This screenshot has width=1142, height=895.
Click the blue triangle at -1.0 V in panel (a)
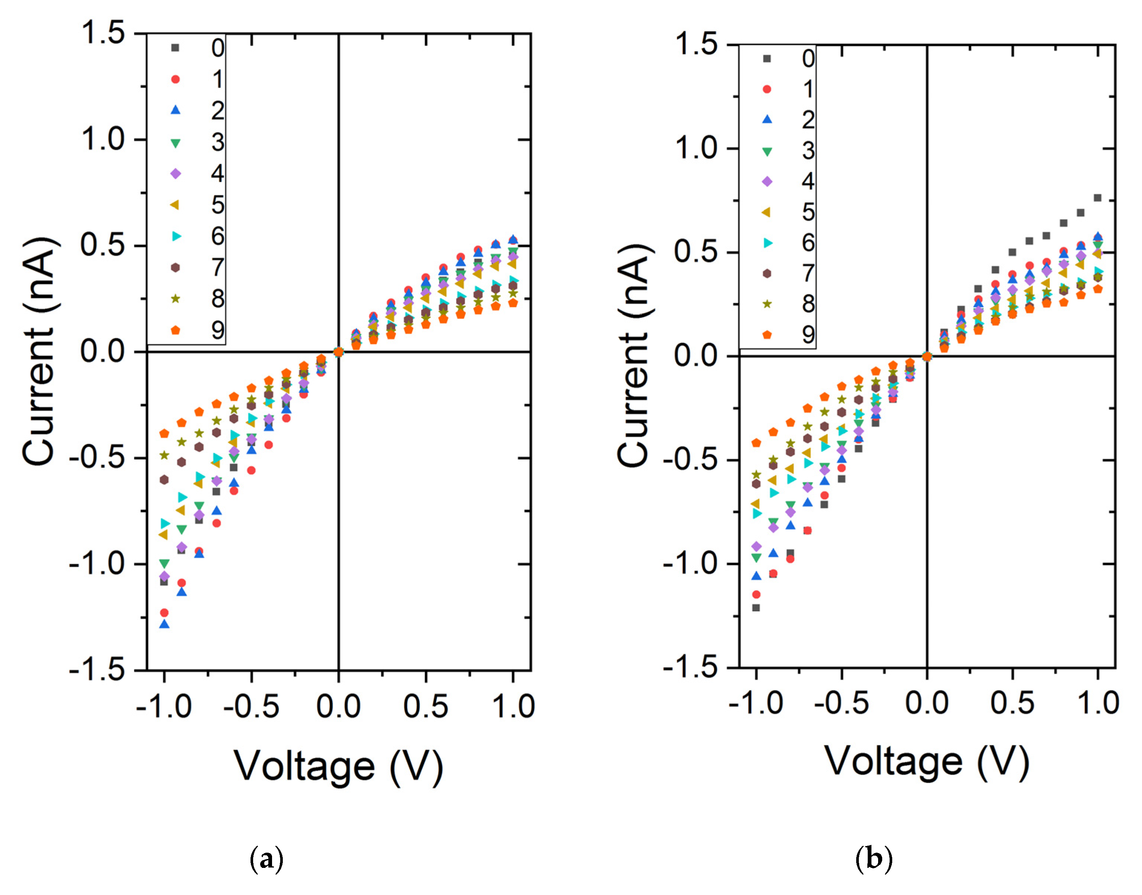pyautogui.click(x=164, y=624)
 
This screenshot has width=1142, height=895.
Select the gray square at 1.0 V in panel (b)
pyautogui.click(x=1097, y=197)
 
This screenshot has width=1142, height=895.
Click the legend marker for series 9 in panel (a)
pyautogui.click(x=176, y=330)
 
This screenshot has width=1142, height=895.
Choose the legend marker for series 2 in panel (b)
pyautogui.click(x=767, y=120)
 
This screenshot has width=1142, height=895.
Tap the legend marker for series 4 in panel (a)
pyautogui.click(x=176, y=173)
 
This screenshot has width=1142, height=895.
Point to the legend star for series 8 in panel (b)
pyautogui.click(x=767, y=304)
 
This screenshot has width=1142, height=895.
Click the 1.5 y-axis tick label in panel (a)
pyautogui.click(x=103, y=33)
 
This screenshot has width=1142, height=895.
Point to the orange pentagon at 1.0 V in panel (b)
pyautogui.click(x=1097, y=289)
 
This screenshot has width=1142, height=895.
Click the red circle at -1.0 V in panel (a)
pyautogui.click(x=164, y=613)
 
